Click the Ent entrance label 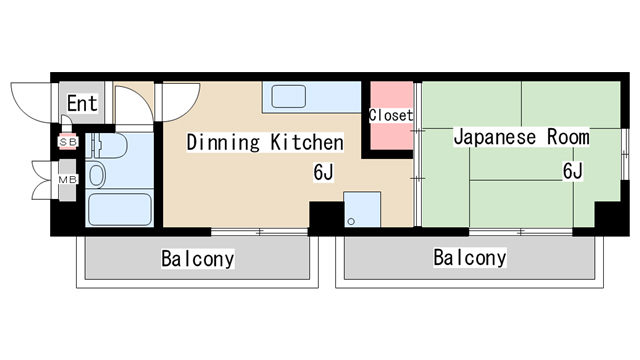tap(82, 103)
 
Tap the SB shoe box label tap(68, 142)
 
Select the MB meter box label tap(68, 180)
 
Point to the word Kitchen tap(307, 143)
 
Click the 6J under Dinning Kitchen tap(323, 173)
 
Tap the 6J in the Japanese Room tap(572, 171)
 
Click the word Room tap(566, 137)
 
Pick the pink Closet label tap(390, 116)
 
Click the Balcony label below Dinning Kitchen tap(198, 260)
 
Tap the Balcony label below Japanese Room tap(469, 258)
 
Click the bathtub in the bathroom tap(119, 209)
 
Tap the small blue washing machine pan tap(362, 210)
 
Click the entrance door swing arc tap(30, 98)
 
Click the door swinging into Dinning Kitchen tap(130, 104)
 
